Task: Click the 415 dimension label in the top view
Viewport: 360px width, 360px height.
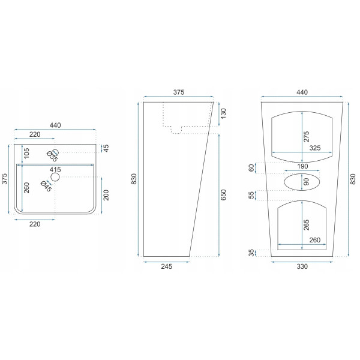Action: [x=55, y=170]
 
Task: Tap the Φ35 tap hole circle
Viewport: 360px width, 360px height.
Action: [x=55, y=152]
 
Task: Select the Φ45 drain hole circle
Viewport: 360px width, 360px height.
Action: [x=55, y=177]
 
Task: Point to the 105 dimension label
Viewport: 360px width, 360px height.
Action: [x=26, y=153]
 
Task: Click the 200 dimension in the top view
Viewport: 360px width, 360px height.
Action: [x=106, y=195]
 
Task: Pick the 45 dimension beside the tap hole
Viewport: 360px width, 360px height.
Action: [x=106, y=148]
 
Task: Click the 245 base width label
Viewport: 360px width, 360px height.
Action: [x=166, y=266]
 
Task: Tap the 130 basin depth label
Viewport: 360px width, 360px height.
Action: [x=223, y=113]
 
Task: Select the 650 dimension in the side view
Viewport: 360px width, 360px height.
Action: [x=223, y=194]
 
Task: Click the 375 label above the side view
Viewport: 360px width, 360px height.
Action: [x=179, y=92]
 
